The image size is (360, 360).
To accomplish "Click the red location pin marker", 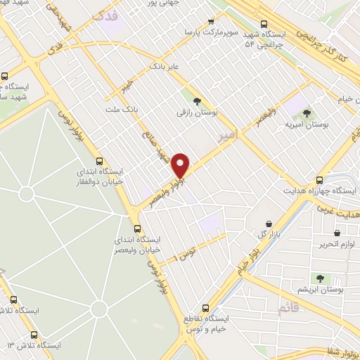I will tap(181, 165).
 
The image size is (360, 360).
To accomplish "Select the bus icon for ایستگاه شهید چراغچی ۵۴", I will tap(264, 22).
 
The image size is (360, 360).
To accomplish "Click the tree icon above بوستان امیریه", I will tap(306, 112).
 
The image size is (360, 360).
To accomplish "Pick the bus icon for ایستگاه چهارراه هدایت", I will tap(321, 180).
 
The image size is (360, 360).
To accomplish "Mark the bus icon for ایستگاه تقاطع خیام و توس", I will tap(205, 308).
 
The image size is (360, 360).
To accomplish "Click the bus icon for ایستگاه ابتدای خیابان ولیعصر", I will tap(137, 229).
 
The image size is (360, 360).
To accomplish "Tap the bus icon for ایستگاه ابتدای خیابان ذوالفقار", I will tap(99, 160).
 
